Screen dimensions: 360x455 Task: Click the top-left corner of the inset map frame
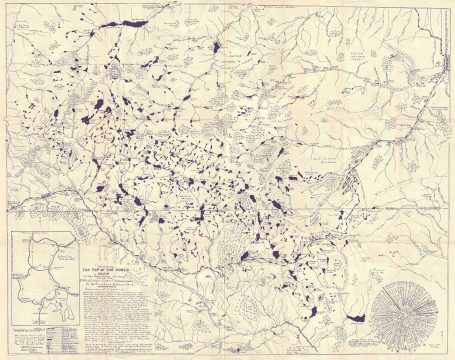(9, 231)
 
